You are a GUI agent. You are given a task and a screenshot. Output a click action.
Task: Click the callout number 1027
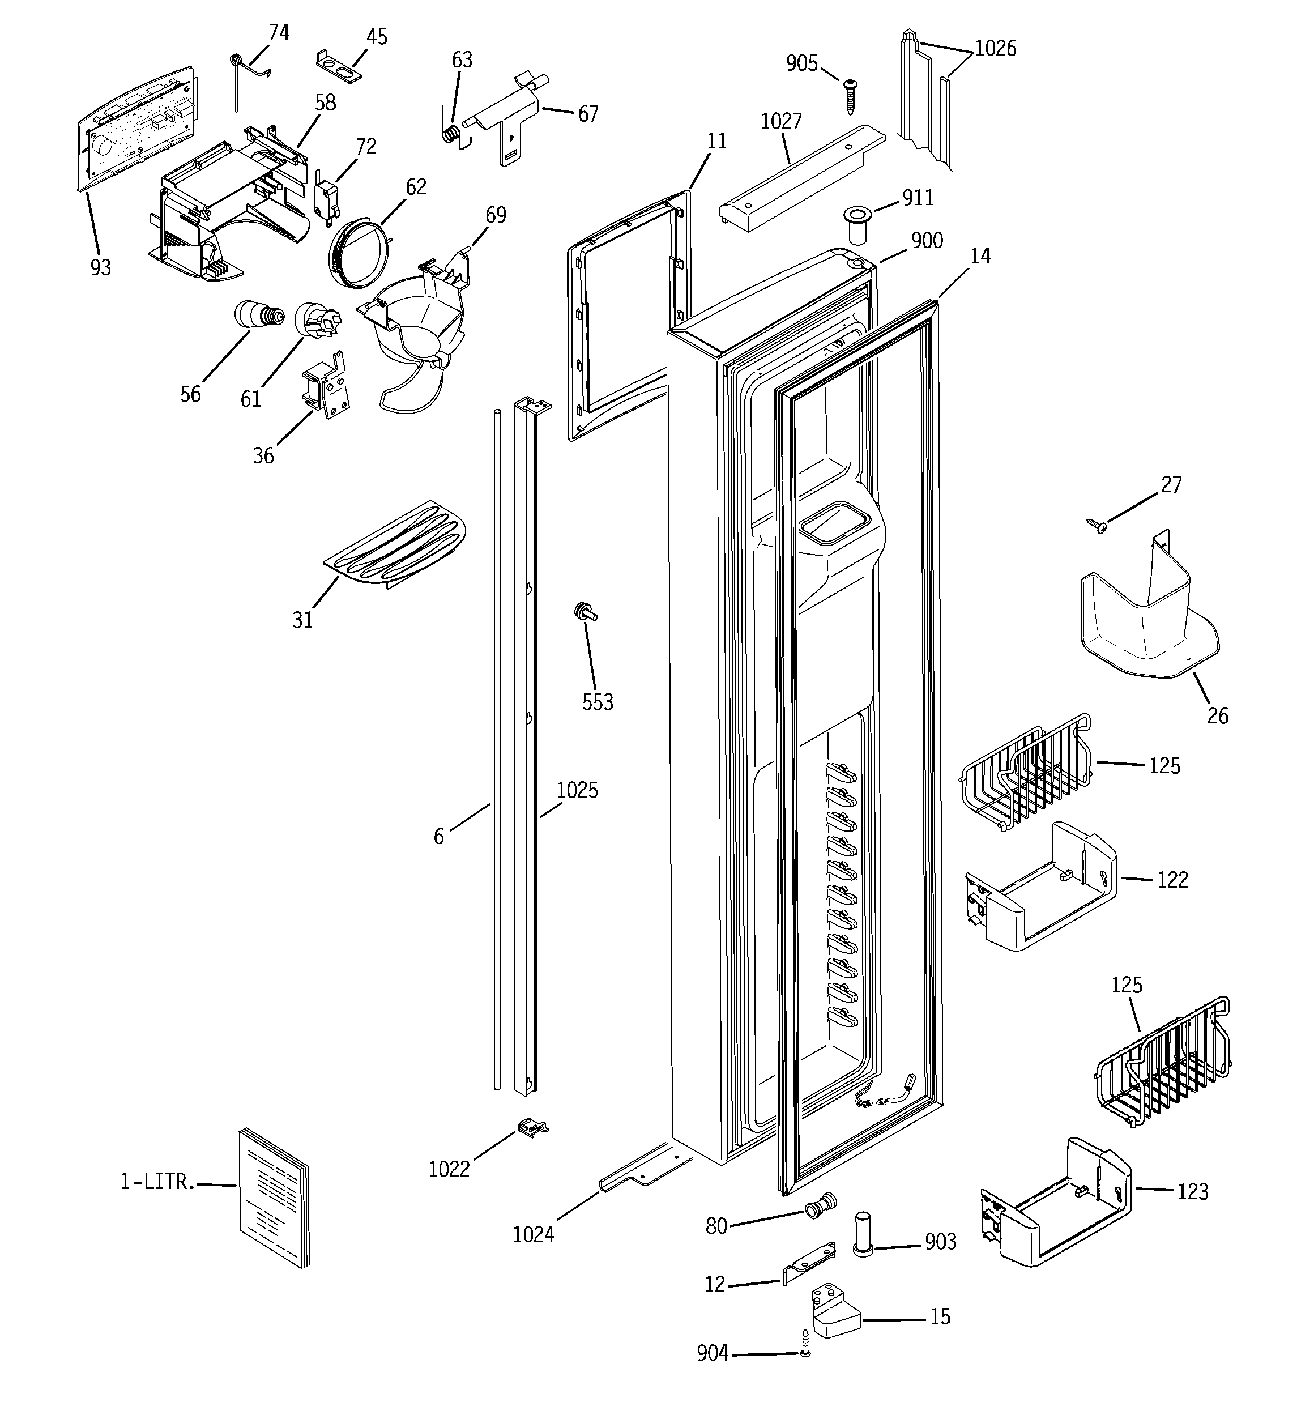click(781, 122)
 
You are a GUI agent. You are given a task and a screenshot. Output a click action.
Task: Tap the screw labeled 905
click(851, 96)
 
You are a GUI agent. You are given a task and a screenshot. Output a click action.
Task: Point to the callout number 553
click(598, 702)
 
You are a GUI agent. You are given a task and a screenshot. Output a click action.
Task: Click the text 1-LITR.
click(156, 1183)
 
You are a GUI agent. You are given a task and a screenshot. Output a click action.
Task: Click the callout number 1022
click(449, 1170)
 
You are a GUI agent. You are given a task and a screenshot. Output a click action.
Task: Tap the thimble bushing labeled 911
click(856, 224)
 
